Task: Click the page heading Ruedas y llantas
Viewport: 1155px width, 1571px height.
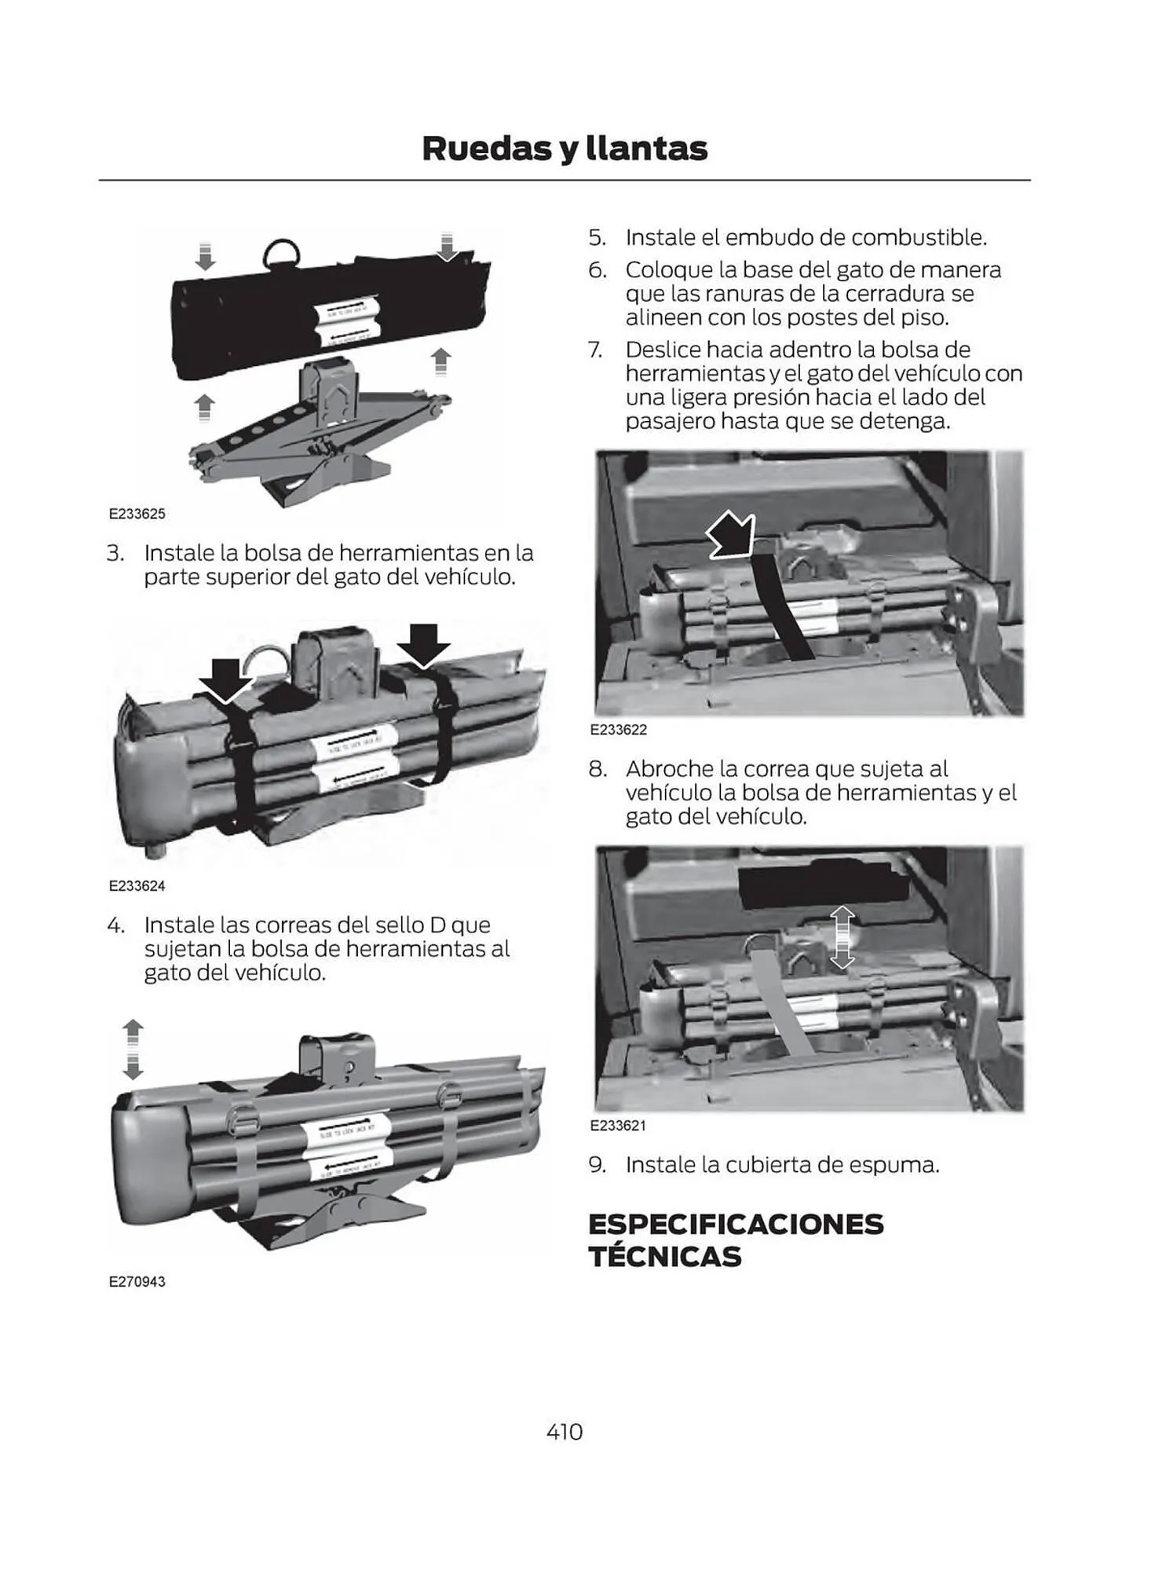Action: coord(565,148)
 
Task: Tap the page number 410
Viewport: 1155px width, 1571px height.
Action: coord(565,1432)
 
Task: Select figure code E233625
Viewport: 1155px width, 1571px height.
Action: coord(137,514)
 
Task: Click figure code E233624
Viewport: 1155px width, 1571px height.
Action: coord(137,885)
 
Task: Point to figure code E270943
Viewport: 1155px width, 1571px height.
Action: coord(137,1281)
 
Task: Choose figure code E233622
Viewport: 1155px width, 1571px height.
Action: coord(619,730)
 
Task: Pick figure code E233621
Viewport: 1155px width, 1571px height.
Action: coord(618,1126)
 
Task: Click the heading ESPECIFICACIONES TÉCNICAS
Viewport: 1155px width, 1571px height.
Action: coord(736,1240)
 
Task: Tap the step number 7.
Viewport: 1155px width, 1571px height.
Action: coord(596,350)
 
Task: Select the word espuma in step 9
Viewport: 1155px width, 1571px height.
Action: coord(898,1164)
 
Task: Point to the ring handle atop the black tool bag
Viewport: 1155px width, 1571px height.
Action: coord(281,253)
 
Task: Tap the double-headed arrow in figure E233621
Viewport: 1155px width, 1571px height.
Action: coord(842,937)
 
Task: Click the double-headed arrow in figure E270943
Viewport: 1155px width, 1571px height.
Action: coord(133,1049)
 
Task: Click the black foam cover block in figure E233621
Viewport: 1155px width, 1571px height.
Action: coord(823,882)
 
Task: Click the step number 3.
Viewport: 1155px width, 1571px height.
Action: coord(115,553)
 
